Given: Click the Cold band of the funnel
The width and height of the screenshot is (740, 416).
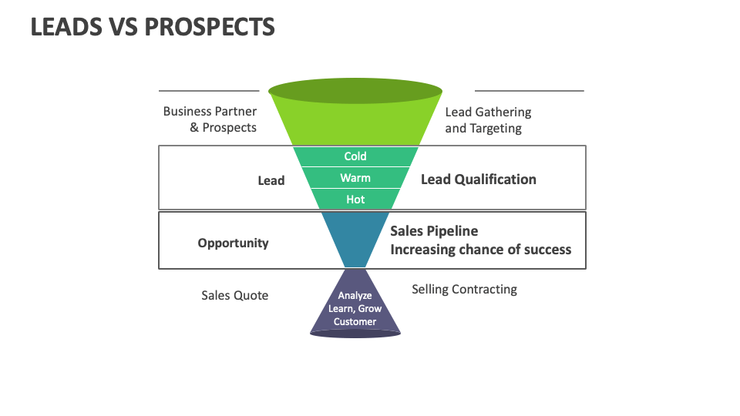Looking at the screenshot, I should (x=355, y=156).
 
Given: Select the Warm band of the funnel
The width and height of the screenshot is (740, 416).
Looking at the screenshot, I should (x=355, y=178).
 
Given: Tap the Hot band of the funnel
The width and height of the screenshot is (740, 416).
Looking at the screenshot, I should (x=355, y=200).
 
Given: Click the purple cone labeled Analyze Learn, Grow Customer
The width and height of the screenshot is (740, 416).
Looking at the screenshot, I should (x=355, y=308).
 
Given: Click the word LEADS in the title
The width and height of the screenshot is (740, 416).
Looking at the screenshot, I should (x=66, y=27).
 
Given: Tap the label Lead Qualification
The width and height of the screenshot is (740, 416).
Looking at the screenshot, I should (x=478, y=179).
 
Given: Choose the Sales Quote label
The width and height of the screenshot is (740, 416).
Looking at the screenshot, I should (x=234, y=295).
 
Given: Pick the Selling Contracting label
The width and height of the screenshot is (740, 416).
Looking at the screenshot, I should (x=464, y=290).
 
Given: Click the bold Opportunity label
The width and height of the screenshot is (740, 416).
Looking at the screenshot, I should (x=233, y=243).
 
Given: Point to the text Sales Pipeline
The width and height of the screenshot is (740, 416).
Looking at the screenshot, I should (x=434, y=231).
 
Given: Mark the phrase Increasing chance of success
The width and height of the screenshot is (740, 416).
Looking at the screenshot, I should (x=480, y=250).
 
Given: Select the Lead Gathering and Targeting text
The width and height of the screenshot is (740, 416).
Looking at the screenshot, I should (x=487, y=120).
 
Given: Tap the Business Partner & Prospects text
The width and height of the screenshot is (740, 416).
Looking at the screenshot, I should (x=210, y=119).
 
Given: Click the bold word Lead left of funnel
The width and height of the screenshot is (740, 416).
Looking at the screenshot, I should (x=271, y=180).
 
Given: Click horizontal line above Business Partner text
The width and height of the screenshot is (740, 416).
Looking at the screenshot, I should (x=208, y=91).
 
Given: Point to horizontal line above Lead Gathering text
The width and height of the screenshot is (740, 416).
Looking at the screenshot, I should (x=529, y=91).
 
